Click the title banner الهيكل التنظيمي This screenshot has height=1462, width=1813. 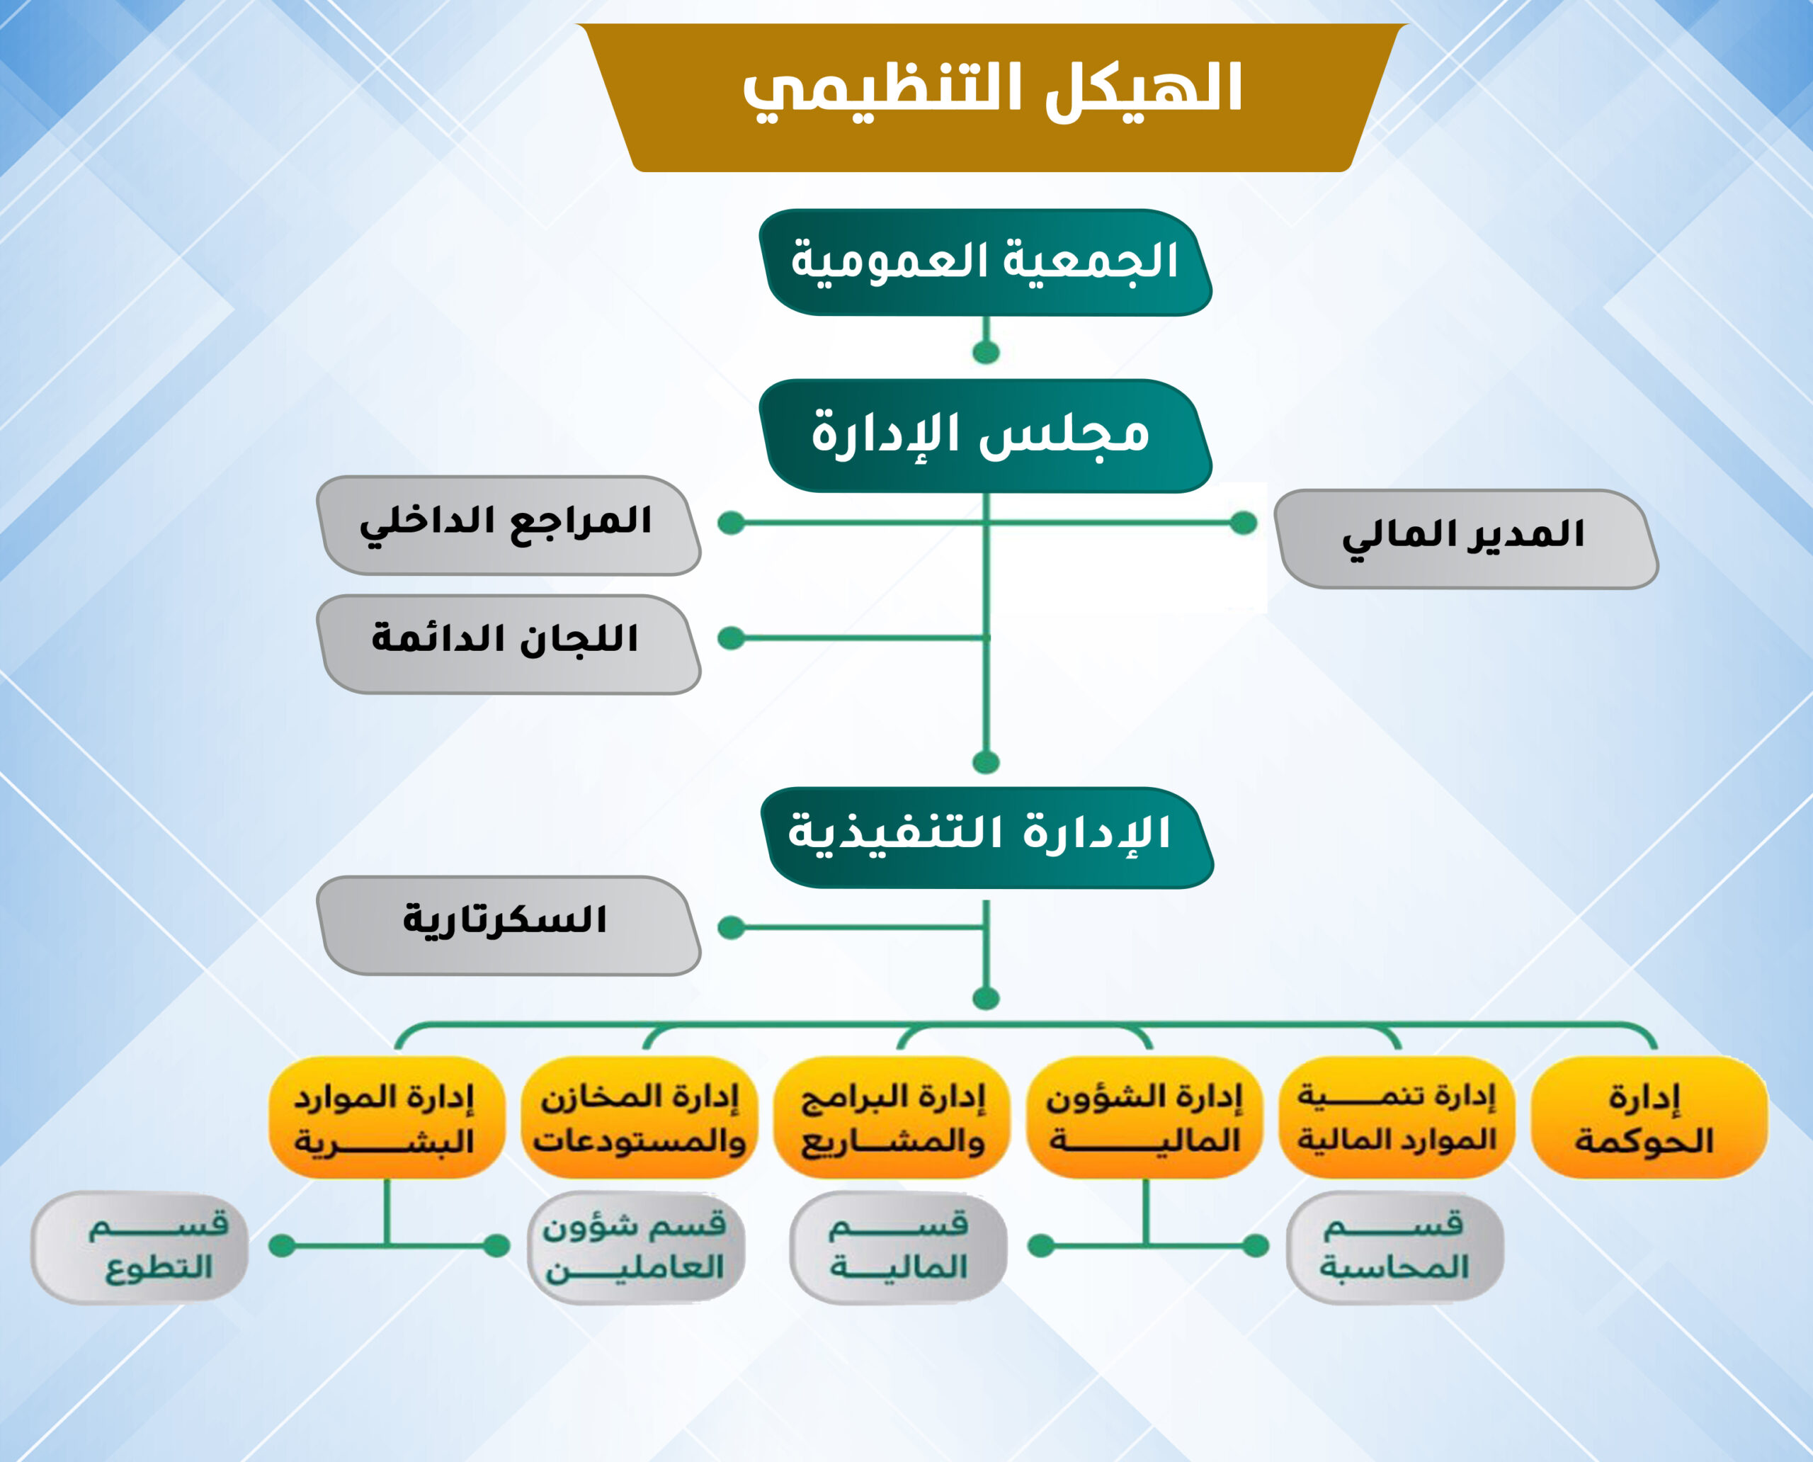[x=992, y=98]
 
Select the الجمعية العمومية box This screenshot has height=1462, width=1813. [x=985, y=262]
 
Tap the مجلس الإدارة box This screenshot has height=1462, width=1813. [x=985, y=436]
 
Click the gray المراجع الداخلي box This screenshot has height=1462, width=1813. [x=508, y=526]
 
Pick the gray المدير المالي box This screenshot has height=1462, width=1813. [x=1466, y=539]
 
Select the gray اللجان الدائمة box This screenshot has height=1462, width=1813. [x=508, y=645]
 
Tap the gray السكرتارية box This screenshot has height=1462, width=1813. [x=508, y=926]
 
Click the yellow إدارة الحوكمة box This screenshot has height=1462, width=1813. [x=1648, y=1117]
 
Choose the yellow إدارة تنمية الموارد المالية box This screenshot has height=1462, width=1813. [x=1396, y=1117]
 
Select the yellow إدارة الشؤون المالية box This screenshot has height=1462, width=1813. [x=1144, y=1117]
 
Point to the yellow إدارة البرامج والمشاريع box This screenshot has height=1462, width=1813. [x=891, y=1117]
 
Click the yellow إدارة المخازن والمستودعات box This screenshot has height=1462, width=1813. [x=639, y=1117]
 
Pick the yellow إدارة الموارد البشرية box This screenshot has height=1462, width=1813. [x=387, y=1117]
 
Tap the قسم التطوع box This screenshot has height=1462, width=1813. [x=140, y=1247]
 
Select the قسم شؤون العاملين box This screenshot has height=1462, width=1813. [x=636, y=1247]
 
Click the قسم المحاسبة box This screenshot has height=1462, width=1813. [x=1395, y=1247]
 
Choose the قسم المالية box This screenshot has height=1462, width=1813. [x=899, y=1247]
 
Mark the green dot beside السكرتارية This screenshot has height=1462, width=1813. [x=731, y=927]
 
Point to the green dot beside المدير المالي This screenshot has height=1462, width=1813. [x=1243, y=523]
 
